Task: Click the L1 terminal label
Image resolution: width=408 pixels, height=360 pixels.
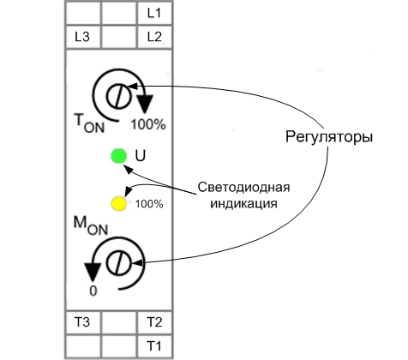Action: (x=153, y=14)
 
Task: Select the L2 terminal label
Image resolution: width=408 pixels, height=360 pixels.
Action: (x=153, y=37)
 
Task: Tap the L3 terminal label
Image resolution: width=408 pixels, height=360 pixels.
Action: (x=82, y=37)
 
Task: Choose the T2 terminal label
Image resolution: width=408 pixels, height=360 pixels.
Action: (x=153, y=322)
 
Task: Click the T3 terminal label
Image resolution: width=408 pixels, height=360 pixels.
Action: (x=82, y=322)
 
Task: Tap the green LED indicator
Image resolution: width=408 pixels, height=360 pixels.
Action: (x=118, y=156)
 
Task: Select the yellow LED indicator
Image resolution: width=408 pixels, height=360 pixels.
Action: (x=118, y=204)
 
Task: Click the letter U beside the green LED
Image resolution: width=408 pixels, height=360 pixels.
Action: (x=140, y=156)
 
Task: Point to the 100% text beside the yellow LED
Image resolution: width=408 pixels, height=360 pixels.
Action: (x=149, y=204)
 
